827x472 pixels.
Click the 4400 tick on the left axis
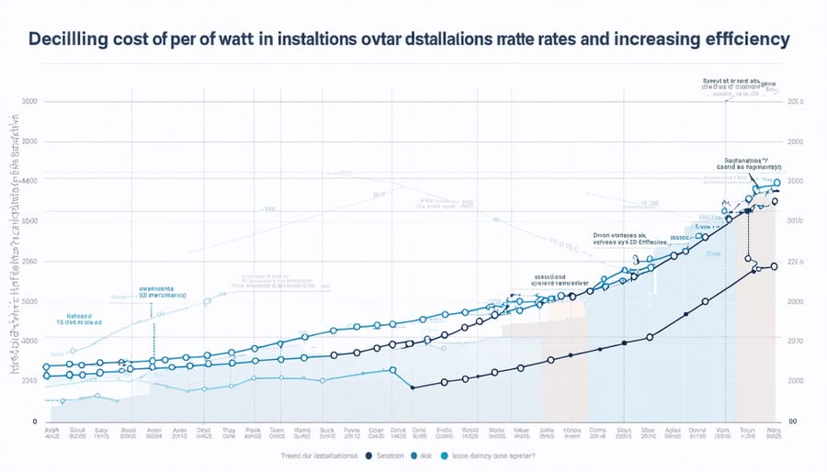point(28,181)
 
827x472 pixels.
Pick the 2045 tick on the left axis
point(28,379)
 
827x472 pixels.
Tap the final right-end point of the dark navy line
point(774,266)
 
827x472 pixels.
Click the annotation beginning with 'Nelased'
point(76,319)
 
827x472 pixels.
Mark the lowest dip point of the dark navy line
point(413,388)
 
